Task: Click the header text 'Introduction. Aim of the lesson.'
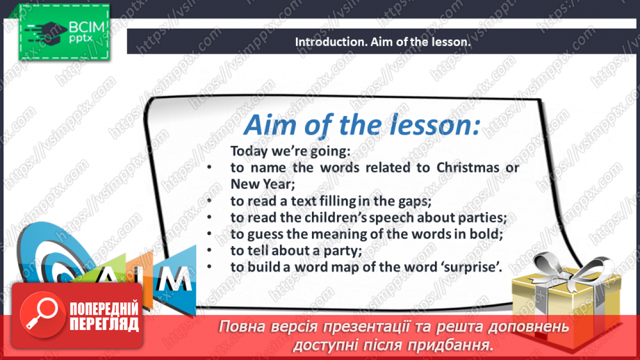tap(383, 42)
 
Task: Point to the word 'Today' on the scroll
tap(247, 151)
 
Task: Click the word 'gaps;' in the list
tap(414, 201)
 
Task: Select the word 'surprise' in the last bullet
tap(467, 266)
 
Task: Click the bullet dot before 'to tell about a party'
tap(209, 250)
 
